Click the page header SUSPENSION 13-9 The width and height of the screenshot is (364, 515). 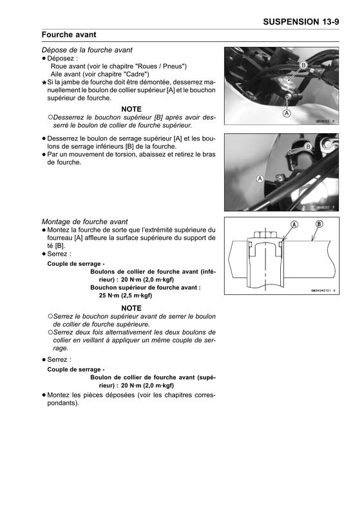301,22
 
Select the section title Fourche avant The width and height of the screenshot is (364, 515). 69,35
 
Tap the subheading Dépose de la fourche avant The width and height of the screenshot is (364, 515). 87,50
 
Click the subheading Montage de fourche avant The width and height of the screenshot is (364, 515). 84,221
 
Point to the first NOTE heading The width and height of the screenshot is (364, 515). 131,109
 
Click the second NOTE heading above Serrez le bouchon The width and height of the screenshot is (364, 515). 131,308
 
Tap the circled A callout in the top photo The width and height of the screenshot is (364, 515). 287,113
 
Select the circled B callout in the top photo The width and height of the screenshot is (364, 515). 303,65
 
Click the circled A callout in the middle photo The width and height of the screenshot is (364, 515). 260,179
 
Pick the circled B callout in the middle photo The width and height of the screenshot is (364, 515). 308,147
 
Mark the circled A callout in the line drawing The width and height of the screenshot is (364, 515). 294,225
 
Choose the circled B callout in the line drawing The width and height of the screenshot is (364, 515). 319,224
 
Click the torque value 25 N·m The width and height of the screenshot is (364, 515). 109,295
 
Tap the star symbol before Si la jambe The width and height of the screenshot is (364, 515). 44,83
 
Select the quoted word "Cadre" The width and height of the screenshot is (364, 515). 136,74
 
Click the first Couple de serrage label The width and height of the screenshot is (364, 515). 76,264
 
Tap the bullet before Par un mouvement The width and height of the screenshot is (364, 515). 43,154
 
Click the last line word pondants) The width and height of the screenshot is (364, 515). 63,403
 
